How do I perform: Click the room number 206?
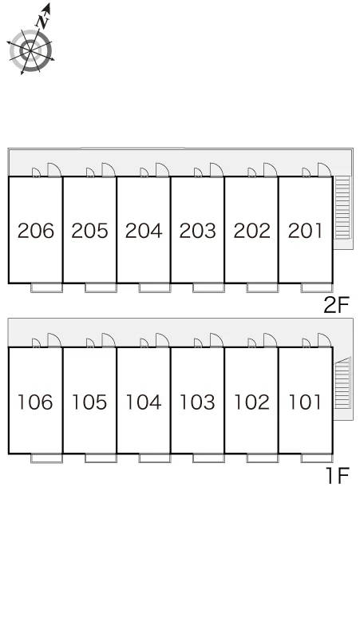pos(36,231)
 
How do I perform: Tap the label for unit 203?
pos(198,231)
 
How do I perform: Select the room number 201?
pos(305,231)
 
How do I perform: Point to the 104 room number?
pos(144,402)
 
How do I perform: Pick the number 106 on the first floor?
pos(35,402)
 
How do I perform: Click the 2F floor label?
pos(336,305)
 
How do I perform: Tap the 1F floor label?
pos(338,475)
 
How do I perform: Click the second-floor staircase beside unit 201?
pos(342,208)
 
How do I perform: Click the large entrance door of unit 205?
pos(109,170)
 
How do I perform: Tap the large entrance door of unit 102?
pos(270,340)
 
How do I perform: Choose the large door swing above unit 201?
pos(324,170)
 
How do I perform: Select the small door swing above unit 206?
pos(36,172)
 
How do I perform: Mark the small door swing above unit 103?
pos(198,343)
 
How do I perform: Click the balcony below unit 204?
pos(154,287)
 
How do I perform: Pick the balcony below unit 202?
pos(263,287)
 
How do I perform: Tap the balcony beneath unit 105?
pos(101,458)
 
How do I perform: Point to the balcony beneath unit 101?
pos(317,458)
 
